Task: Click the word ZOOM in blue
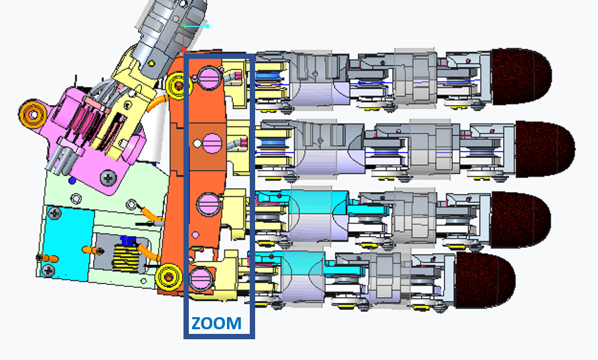(x=216, y=323)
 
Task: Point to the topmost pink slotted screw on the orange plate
(x=211, y=77)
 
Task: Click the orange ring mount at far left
(x=31, y=114)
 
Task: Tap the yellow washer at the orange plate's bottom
(x=168, y=274)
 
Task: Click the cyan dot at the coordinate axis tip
(x=208, y=27)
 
